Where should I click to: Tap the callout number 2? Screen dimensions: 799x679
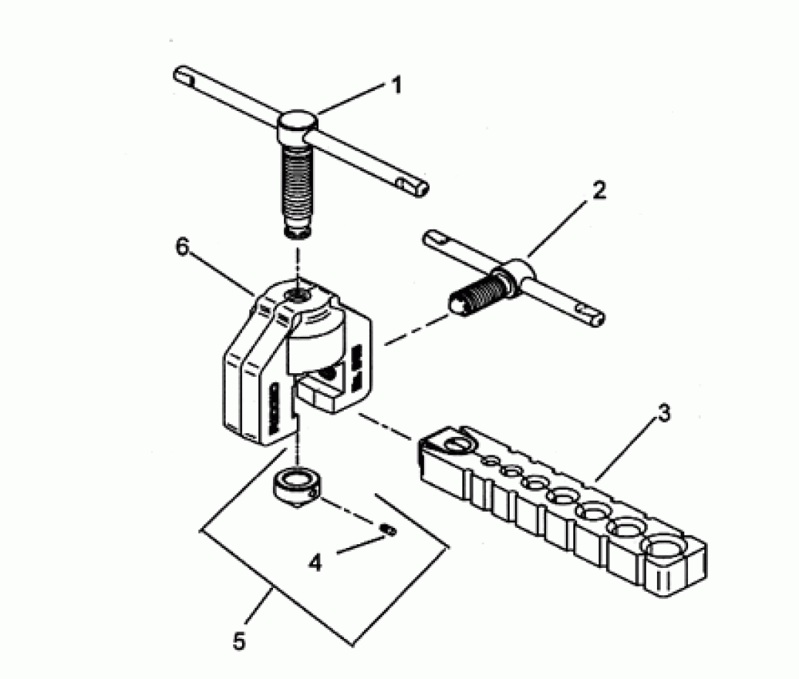pos(599,190)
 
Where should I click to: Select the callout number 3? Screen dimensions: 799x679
pos(664,414)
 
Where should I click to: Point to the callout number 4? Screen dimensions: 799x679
pos(315,563)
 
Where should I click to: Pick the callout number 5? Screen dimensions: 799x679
pos(239,640)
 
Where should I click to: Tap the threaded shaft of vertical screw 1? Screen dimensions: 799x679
pos(297,190)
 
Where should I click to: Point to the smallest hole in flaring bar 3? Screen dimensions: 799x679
pos(491,461)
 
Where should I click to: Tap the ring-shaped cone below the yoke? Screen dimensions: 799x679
pos(295,486)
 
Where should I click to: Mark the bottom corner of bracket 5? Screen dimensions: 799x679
pos(353,646)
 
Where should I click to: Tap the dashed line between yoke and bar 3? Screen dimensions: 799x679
pos(385,426)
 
